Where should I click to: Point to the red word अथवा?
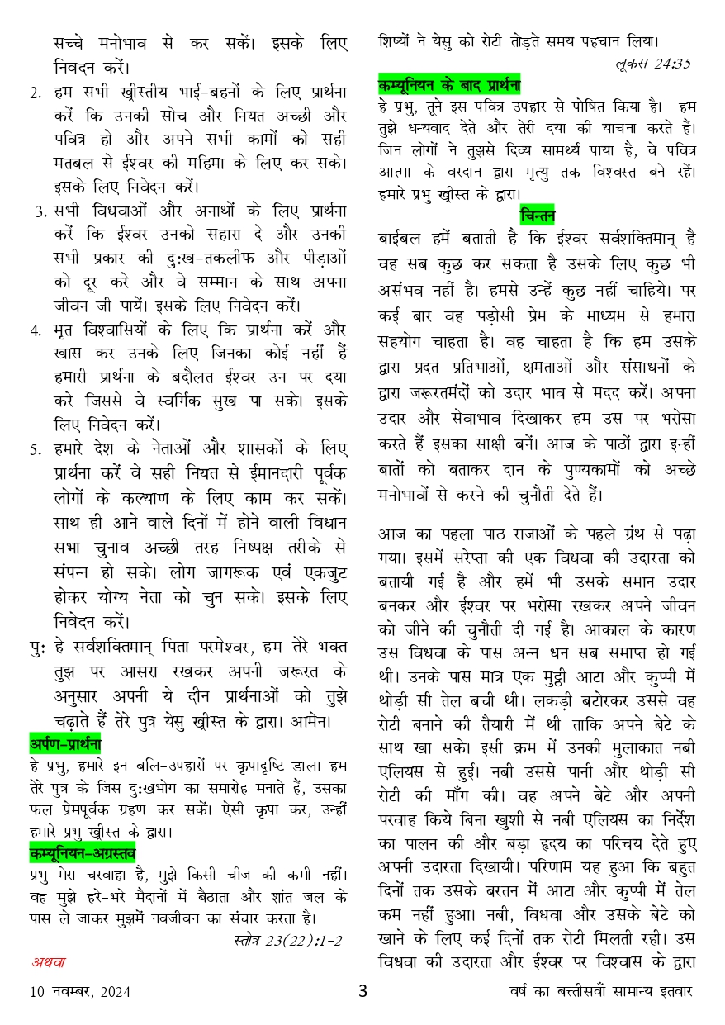click(49, 961)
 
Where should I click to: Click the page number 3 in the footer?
click(362, 990)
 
